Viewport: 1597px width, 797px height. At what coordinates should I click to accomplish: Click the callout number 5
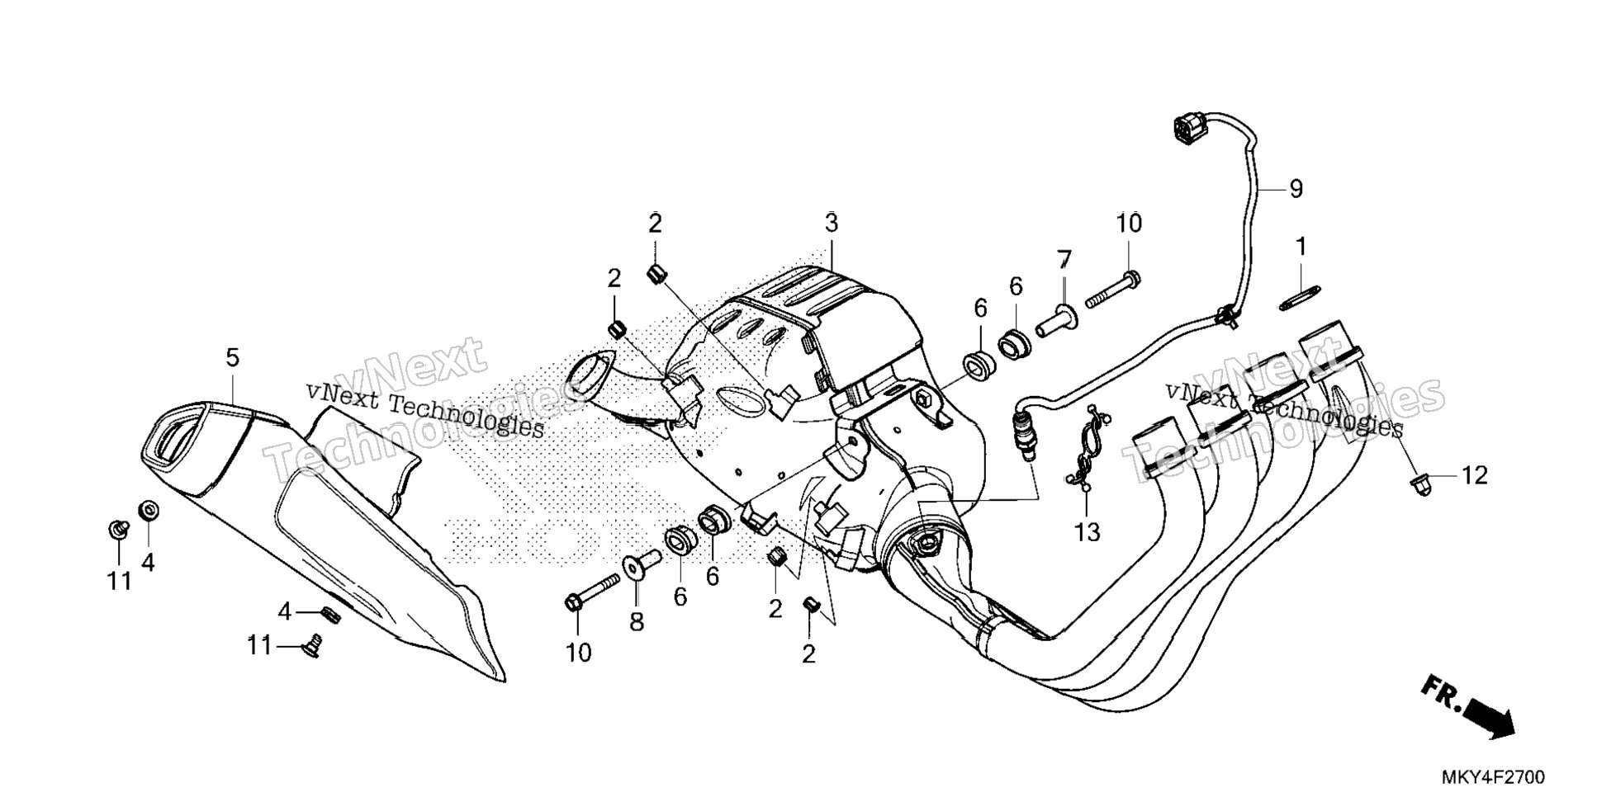point(232,358)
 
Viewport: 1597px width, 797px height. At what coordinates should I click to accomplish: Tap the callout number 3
point(831,223)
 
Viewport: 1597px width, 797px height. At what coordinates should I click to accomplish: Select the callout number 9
point(1296,189)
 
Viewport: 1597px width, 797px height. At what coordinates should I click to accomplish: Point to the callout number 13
point(1088,532)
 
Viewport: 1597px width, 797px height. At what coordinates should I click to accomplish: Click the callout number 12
point(1475,475)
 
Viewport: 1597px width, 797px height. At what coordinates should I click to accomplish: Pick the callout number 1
point(1301,247)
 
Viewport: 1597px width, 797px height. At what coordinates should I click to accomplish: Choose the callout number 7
point(1064,262)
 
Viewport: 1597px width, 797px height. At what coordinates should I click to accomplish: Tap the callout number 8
point(637,621)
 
